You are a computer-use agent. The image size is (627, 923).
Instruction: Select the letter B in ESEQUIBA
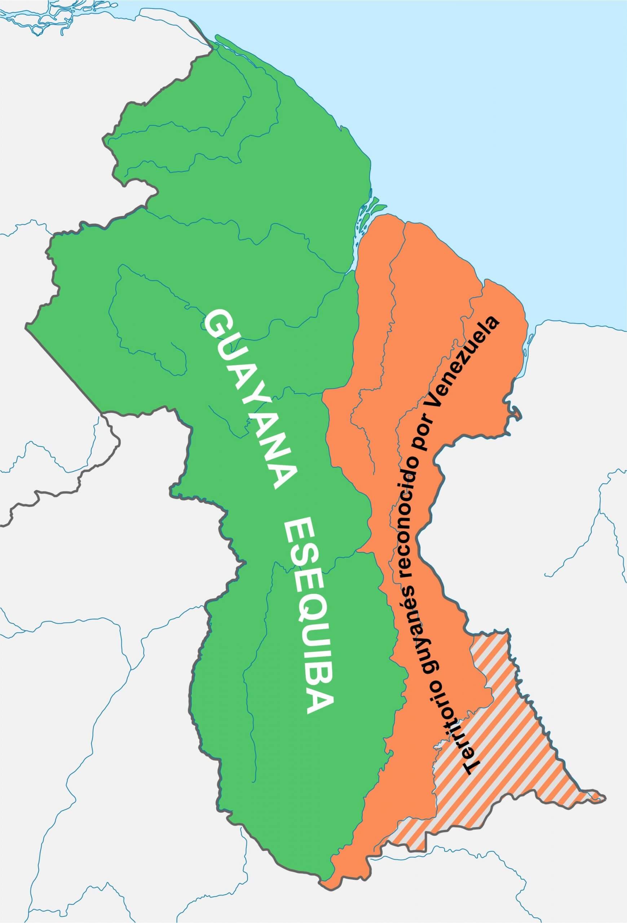point(318,679)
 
